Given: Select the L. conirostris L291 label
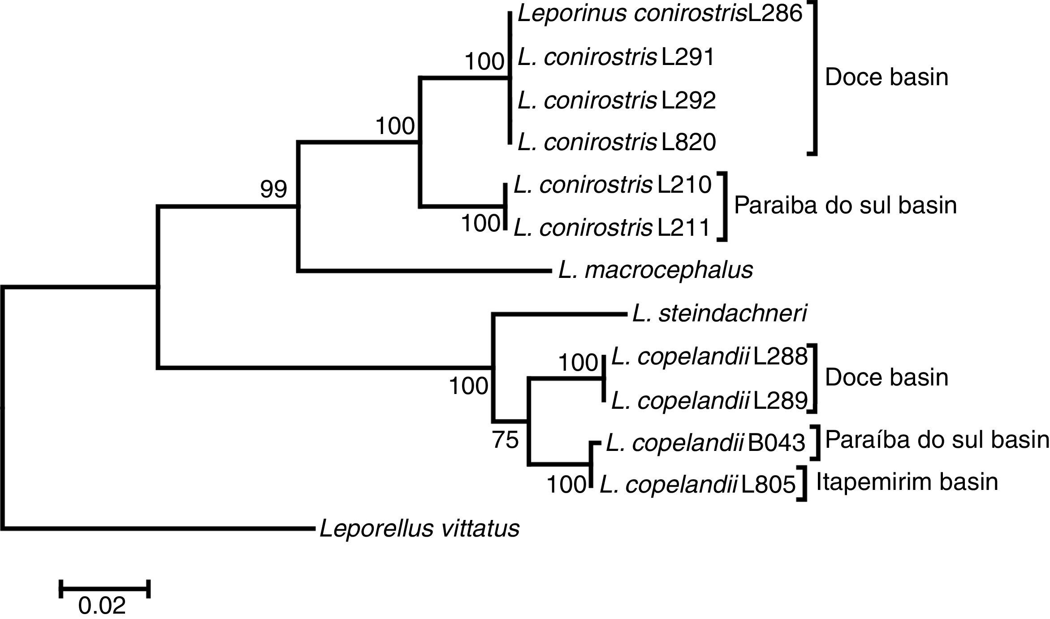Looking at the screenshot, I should coord(616,57).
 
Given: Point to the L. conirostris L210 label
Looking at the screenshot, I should coord(613,185).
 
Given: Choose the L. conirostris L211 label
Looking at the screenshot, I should coord(612,228).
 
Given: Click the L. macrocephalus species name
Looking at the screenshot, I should coord(656,270).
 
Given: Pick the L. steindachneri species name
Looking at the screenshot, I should coord(720,313).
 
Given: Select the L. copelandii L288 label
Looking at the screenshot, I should coord(709,357).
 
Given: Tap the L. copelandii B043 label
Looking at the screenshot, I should coord(705,443).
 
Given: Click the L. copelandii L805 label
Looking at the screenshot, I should coord(697,485).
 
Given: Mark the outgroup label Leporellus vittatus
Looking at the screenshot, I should coord(419,528).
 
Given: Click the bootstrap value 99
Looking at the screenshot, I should coord(273,190).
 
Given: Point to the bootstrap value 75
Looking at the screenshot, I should coord(506,440).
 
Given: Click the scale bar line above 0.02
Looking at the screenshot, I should coord(104,589).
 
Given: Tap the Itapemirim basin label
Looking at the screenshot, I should coord(907,482).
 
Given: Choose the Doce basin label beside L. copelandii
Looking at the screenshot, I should coord(886,377).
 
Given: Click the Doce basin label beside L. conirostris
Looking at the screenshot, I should coord(886,77).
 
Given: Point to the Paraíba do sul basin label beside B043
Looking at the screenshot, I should coord(937,440).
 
